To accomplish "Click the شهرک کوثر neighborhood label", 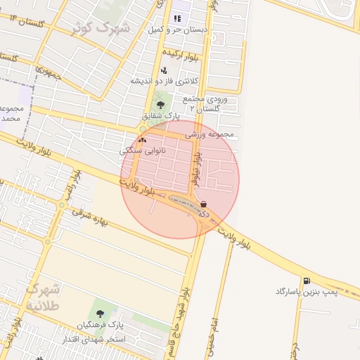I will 101,28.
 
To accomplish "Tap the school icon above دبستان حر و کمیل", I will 176,18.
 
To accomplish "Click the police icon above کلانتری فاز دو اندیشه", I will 164,70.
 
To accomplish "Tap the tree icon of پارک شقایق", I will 162,105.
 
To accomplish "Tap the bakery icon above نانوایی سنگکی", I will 143,140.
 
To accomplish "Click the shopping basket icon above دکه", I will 203,203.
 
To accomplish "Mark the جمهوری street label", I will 49,72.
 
